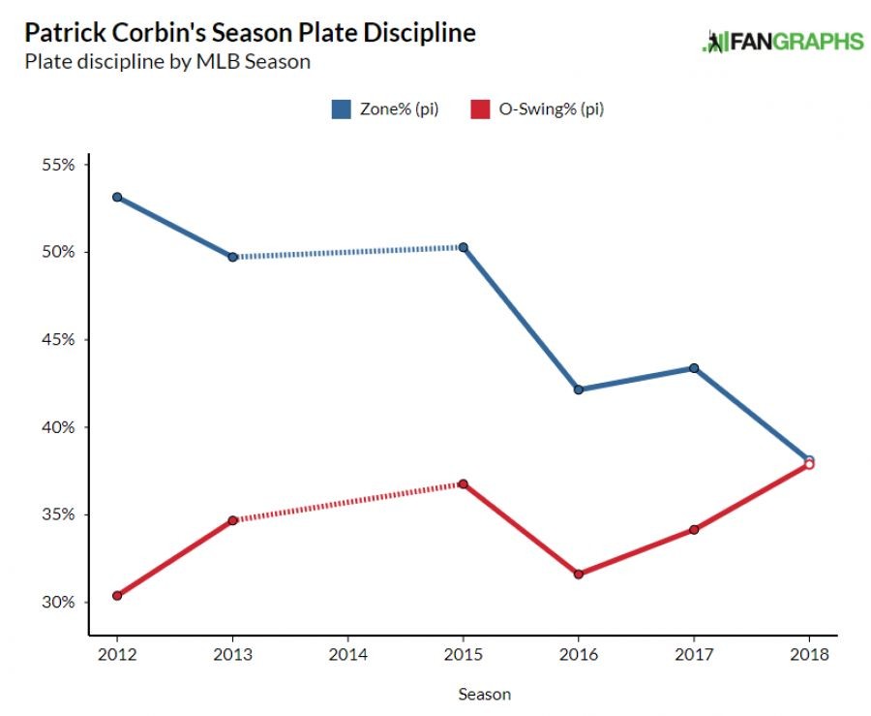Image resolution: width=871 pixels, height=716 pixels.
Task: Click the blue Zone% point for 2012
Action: (117, 197)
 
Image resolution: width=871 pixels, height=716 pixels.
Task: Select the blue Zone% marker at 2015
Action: (463, 247)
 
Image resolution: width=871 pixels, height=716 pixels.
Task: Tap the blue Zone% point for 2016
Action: (579, 389)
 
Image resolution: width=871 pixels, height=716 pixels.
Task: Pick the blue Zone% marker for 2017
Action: (694, 368)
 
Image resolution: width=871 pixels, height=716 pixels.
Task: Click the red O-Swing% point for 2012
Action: (117, 596)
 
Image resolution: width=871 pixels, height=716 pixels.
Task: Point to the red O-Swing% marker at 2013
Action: (232, 520)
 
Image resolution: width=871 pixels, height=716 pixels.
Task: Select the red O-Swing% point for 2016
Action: (579, 575)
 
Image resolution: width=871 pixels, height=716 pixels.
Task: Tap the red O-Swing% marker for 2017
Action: (694, 530)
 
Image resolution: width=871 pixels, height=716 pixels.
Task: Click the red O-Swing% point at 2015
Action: (463, 483)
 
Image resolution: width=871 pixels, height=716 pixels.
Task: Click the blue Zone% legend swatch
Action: (341, 109)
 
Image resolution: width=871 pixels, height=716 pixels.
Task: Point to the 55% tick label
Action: (58, 165)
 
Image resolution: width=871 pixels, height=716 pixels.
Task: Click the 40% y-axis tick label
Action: (58, 427)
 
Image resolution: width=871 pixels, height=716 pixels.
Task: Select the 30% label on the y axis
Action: (58, 602)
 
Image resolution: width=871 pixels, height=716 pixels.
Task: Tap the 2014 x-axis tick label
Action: (347, 654)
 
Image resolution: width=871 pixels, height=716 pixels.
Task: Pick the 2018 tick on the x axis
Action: (809, 654)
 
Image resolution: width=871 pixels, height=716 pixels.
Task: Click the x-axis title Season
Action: (484, 694)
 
